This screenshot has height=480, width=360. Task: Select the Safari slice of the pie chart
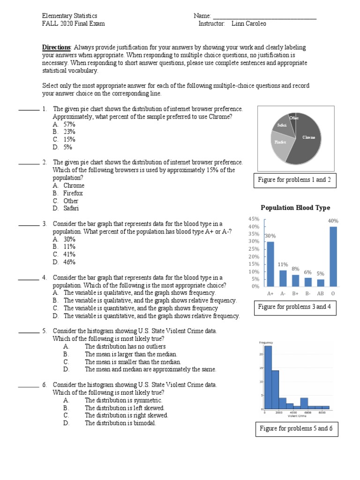(x=282, y=125)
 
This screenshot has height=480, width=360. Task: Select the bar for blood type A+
(x=270, y=263)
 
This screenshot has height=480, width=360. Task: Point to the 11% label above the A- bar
(x=283, y=264)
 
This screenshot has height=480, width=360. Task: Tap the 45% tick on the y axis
(x=254, y=219)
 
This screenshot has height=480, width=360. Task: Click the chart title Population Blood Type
(x=295, y=208)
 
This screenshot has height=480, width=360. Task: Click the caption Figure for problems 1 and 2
(x=295, y=180)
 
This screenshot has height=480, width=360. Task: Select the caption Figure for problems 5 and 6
(x=295, y=429)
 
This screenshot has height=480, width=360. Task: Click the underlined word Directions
(x=56, y=48)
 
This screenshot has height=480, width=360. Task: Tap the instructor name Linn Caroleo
(x=248, y=24)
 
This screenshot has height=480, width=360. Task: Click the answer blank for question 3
(x=29, y=224)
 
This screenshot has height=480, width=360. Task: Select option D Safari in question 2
(x=68, y=208)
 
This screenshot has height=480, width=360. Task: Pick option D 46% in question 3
(x=64, y=262)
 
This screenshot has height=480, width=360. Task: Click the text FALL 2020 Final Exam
(x=73, y=24)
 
